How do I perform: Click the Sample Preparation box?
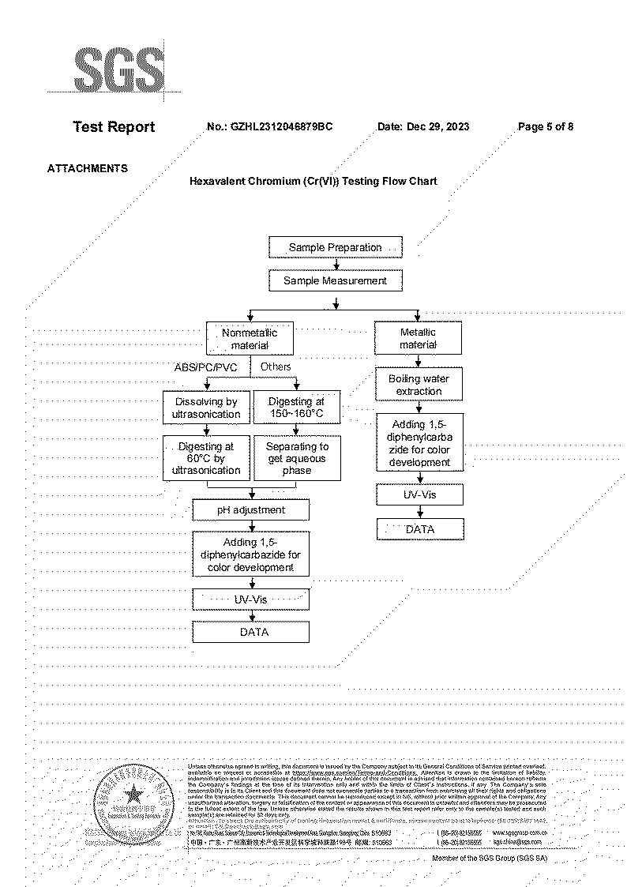coord(335,247)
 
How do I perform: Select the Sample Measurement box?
coord(335,280)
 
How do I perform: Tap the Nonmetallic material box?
coord(250,339)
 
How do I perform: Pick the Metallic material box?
coord(418,339)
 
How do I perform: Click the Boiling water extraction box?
coord(419,385)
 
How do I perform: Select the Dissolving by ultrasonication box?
coord(206,408)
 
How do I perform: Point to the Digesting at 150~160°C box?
coord(296,408)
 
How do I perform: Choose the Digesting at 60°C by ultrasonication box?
coord(206,458)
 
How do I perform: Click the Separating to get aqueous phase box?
coord(296,458)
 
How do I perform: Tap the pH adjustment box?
coord(251,510)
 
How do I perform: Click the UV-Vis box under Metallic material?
coord(419,495)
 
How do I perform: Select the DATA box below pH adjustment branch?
coord(251,632)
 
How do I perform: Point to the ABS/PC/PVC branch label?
coord(205,367)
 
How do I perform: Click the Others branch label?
coord(276,366)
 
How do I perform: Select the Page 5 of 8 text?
coord(546,126)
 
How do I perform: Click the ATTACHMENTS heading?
coord(88,168)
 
